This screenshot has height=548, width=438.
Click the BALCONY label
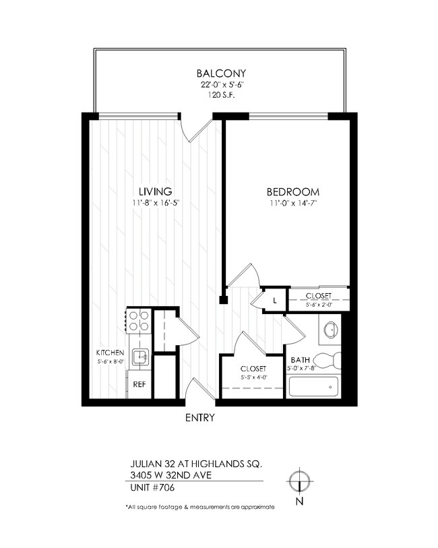(x=220, y=73)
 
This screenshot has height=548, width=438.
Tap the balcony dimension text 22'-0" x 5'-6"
(x=220, y=85)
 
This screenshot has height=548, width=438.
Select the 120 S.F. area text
(x=220, y=96)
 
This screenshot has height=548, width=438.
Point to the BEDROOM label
(x=292, y=191)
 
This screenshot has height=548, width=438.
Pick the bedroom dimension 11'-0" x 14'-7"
(x=292, y=203)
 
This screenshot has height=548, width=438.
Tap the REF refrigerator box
(x=139, y=384)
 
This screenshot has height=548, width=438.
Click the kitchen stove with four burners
(x=139, y=320)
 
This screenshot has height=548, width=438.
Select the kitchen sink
(x=139, y=357)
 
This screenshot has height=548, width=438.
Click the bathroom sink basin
(x=330, y=330)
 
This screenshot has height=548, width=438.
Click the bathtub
(x=313, y=387)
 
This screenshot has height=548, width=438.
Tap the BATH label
(x=299, y=360)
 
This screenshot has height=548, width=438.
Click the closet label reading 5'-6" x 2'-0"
(x=318, y=305)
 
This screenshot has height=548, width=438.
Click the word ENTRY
(x=199, y=418)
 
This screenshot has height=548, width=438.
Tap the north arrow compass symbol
(x=298, y=481)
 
